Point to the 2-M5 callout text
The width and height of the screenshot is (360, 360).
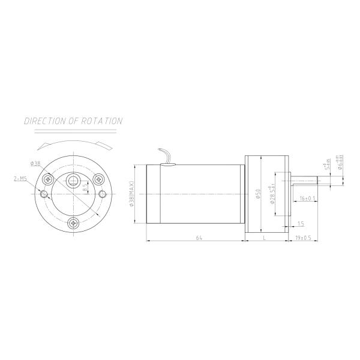(19, 178)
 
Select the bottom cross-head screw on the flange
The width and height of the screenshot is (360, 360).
(73, 223)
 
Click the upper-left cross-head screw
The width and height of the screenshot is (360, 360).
(48, 178)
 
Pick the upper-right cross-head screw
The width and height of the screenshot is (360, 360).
(98, 178)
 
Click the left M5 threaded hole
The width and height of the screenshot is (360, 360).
(43, 194)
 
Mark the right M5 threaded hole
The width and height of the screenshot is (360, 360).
(103, 194)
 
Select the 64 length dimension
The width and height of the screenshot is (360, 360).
(197, 238)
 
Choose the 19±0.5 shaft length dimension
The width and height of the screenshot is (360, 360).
(303, 238)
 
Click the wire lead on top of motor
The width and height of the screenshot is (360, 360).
(166, 155)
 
